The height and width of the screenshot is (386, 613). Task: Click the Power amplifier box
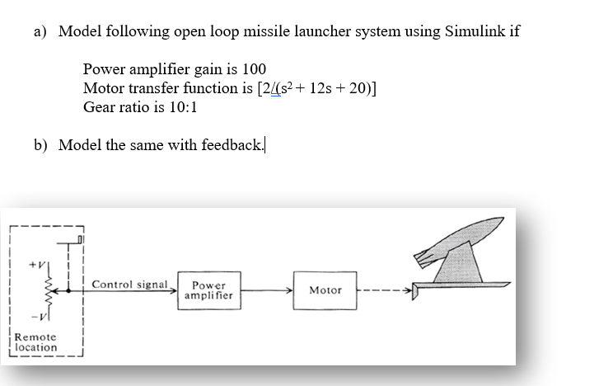[208, 290]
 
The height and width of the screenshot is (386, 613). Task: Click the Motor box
[325, 290]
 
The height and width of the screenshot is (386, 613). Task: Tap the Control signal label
[131, 285]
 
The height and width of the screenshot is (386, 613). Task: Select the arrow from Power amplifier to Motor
[268, 290]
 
